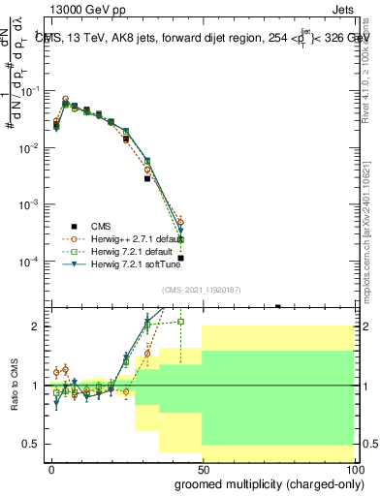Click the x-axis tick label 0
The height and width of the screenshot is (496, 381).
pos(51,468)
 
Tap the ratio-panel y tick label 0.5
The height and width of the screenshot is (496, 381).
pos(31,444)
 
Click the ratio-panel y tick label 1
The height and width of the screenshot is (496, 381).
pos(36,386)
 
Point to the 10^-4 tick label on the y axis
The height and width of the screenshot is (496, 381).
pos(29,262)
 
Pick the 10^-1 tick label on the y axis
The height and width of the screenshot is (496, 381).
pos(29,90)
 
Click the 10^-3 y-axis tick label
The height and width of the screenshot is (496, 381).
pos(29,204)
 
